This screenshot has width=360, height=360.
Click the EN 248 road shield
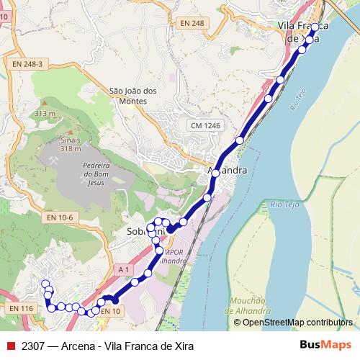[x=192, y=24]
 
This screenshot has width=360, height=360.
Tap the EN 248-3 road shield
[x=27, y=64]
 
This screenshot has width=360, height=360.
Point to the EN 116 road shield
[x=22, y=308]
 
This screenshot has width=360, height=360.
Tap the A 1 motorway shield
[x=124, y=269]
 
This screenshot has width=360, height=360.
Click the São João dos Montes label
[x=132, y=96]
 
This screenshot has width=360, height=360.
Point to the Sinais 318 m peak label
[x=71, y=144]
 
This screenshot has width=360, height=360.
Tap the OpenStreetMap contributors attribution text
[x=297, y=322]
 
